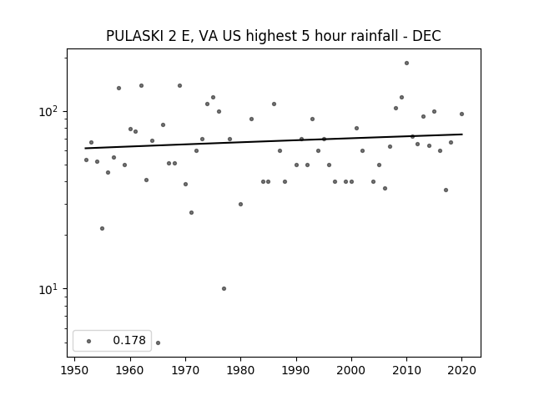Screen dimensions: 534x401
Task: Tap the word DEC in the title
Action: [x=426, y=36]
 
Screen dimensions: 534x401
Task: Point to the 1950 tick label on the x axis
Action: [x=74, y=370]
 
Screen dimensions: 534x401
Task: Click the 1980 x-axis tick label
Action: [x=240, y=370]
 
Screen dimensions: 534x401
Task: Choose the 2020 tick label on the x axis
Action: [x=461, y=370]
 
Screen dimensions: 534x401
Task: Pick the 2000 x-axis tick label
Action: [x=351, y=370]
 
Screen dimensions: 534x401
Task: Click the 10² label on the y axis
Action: [x=50, y=111]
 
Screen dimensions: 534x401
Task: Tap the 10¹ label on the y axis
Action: [x=50, y=288]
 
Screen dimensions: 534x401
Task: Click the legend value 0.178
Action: [x=129, y=340]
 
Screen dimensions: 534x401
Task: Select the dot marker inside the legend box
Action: [x=89, y=341]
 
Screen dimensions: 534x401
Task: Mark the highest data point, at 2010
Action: [x=406, y=63]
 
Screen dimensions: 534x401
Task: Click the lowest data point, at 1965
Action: [x=158, y=343]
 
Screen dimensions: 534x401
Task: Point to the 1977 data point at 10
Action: [x=224, y=288]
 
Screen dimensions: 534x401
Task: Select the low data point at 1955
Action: [x=102, y=228]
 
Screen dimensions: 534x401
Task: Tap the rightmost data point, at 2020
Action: [x=461, y=114]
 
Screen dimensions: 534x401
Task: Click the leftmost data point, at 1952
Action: [x=86, y=160]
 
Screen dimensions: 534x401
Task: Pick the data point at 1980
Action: [x=240, y=204]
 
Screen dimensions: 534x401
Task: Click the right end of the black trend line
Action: [x=462, y=135]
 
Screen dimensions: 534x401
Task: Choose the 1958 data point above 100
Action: [x=118, y=88]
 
